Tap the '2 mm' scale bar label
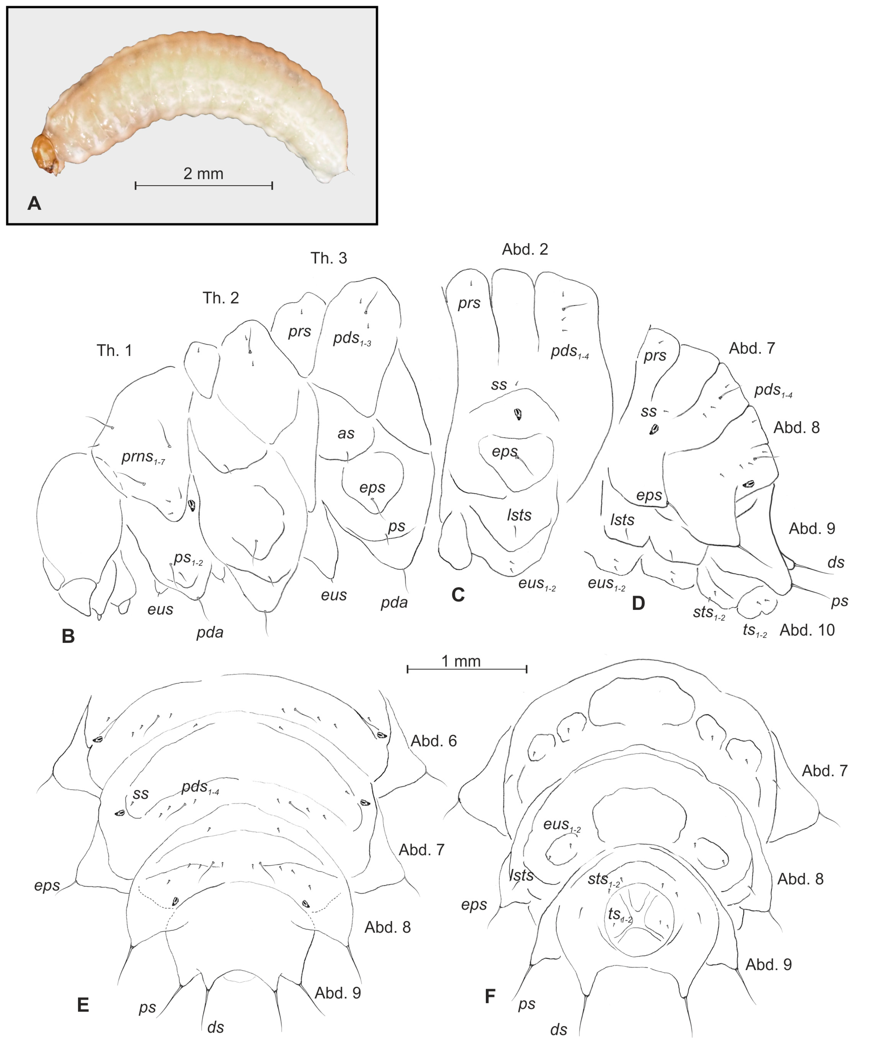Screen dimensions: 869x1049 (x=204, y=173)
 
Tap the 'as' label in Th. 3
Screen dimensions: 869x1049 (x=346, y=433)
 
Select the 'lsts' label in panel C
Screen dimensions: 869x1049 (x=519, y=515)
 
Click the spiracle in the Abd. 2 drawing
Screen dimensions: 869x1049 (x=519, y=414)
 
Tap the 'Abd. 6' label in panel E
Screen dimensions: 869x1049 (x=434, y=741)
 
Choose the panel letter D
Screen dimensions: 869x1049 (x=638, y=604)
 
